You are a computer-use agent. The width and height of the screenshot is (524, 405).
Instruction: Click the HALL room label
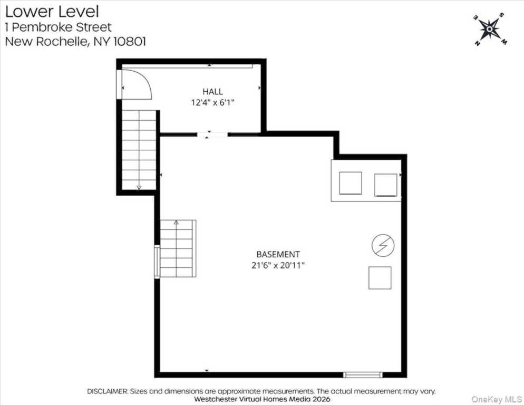pyautogui.click(x=212, y=91)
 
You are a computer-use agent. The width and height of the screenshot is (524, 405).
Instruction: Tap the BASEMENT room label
pyautogui.click(x=278, y=255)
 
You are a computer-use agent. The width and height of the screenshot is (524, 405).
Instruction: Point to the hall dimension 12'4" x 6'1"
pyautogui.click(x=212, y=102)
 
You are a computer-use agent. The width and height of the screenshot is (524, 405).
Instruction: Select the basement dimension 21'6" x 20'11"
pyautogui.click(x=278, y=266)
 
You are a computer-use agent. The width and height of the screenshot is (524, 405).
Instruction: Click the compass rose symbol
pyautogui.click(x=490, y=30)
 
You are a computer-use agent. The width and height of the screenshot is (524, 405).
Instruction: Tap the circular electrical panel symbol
pyautogui.click(x=383, y=245)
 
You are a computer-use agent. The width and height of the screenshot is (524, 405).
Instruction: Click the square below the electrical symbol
pyautogui.click(x=380, y=278)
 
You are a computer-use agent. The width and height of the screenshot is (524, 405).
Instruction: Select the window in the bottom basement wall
pyautogui.click(x=363, y=375)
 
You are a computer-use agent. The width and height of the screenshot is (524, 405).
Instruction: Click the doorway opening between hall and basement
pyautogui.click(x=212, y=135)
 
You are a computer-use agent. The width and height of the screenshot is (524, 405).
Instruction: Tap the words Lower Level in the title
pyautogui.click(x=52, y=12)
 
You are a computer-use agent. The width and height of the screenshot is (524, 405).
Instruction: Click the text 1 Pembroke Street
pyautogui.click(x=59, y=27)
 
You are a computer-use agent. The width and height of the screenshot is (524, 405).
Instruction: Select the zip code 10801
pyautogui.click(x=130, y=42)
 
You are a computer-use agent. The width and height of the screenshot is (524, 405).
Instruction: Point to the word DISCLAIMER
pyautogui.click(x=107, y=391)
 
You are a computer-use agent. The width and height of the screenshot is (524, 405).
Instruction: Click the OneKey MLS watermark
pyautogui.click(x=497, y=399)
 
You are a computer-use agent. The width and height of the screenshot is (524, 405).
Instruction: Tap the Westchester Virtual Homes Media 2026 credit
pyautogui.click(x=262, y=399)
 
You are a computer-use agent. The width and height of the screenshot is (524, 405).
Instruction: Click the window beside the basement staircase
pyautogui.click(x=157, y=262)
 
